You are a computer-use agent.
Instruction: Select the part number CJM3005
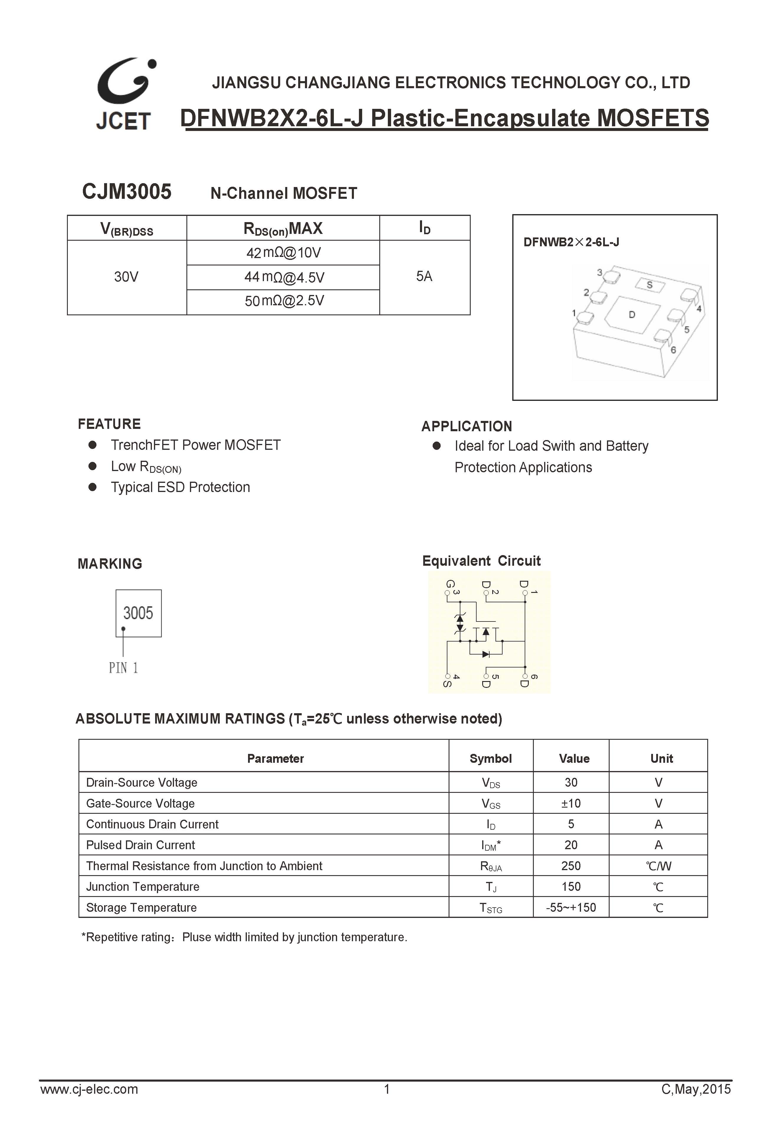(x=127, y=191)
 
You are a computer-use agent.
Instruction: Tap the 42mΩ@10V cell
(x=283, y=253)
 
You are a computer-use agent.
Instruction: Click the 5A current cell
(x=424, y=276)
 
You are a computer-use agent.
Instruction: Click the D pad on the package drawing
(x=631, y=315)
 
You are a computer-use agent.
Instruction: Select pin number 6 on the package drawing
(x=673, y=350)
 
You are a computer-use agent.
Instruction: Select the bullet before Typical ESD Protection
(x=92, y=487)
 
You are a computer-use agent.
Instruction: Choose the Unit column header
(x=661, y=758)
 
